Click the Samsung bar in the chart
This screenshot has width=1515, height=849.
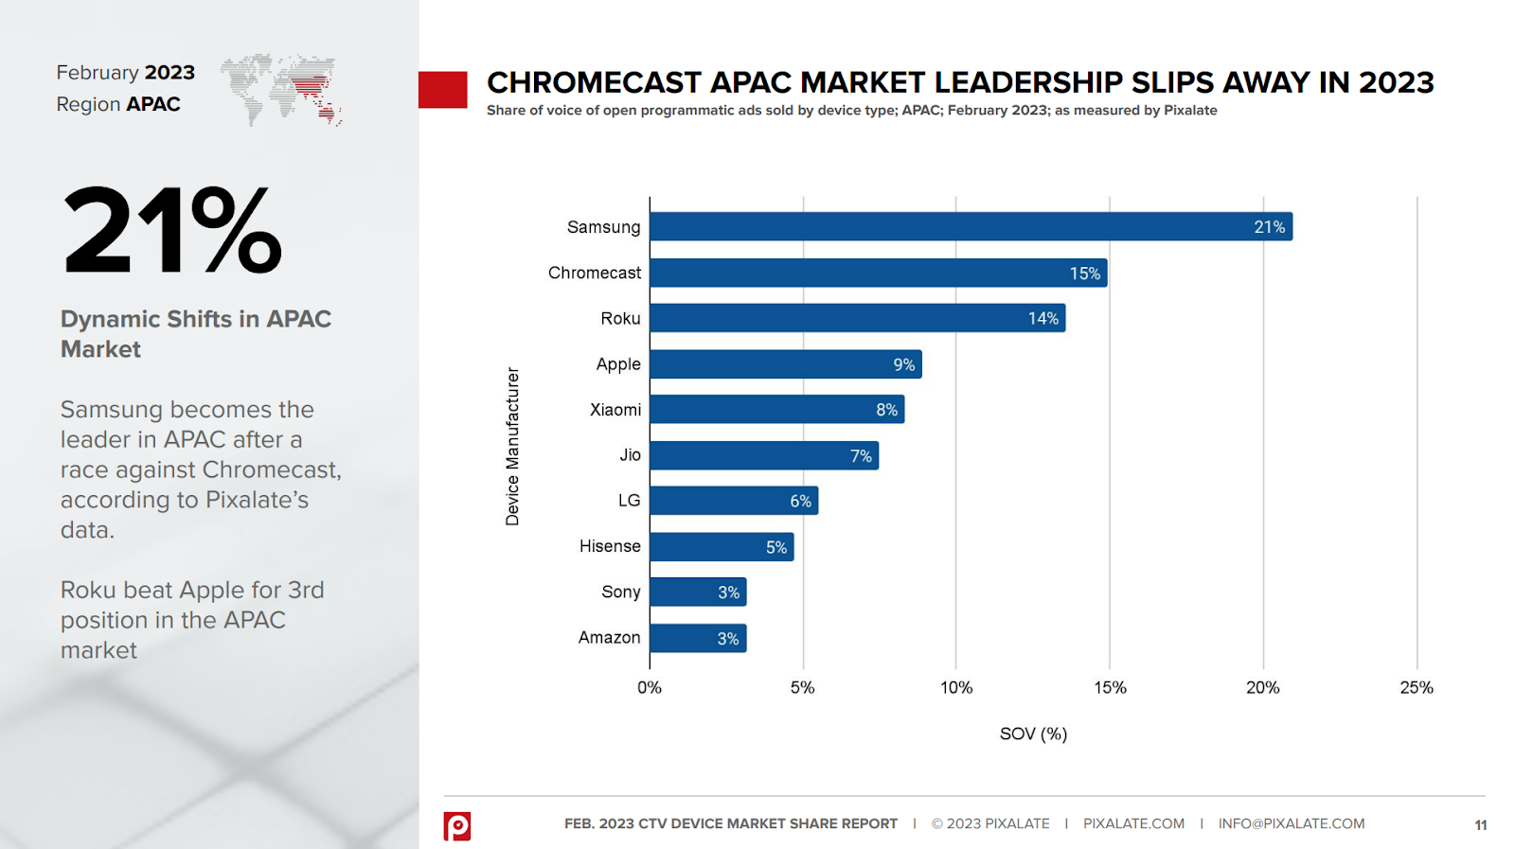(971, 226)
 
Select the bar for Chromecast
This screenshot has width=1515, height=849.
(878, 273)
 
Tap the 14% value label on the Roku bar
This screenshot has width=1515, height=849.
(1043, 319)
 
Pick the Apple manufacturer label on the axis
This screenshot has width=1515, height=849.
(618, 364)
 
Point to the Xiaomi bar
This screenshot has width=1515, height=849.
(776, 410)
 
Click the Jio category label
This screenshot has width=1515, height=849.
(630, 455)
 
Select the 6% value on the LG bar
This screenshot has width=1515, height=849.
(800, 502)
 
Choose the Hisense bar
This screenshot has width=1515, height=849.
(722, 547)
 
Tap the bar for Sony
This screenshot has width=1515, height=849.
(698, 593)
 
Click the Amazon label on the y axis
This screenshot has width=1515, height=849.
(609, 638)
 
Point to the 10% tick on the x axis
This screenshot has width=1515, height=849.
(956, 688)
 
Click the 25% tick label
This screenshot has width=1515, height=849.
(1416, 688)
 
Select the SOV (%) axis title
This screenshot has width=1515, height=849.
(1033, 734)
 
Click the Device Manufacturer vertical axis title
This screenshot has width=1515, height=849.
(512, 447)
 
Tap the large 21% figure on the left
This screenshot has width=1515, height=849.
(172, 230)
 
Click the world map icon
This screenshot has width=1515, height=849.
(281, 90)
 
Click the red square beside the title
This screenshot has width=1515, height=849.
(443, 90)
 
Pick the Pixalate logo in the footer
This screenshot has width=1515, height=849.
(457, 825)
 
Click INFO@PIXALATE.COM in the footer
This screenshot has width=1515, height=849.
(1291, 823)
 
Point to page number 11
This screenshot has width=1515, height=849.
(1480, 825)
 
